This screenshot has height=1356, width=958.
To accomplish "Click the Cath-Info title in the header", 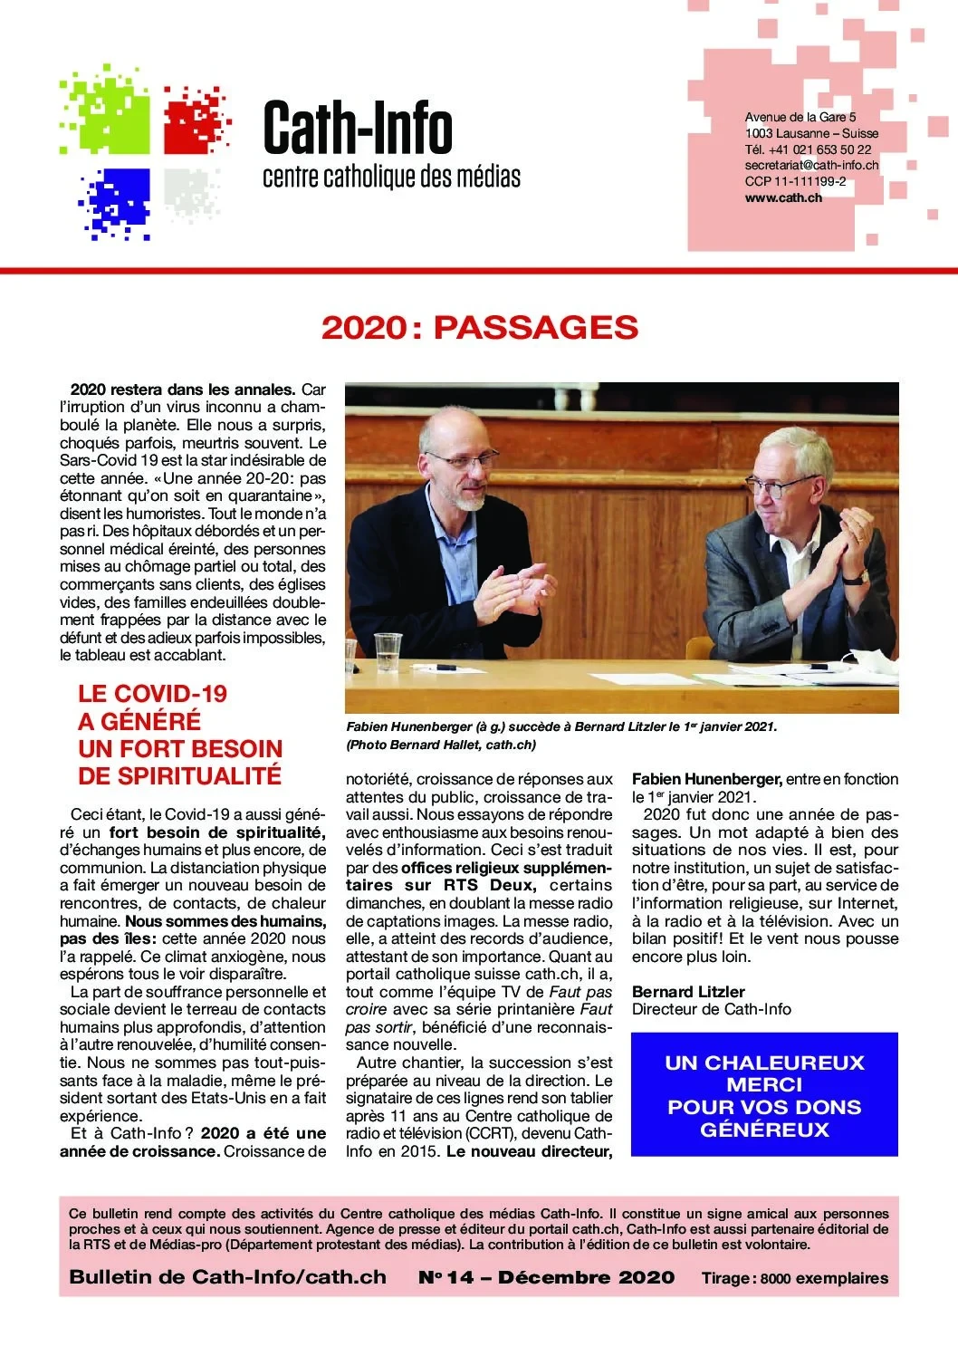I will [x=357, y=130].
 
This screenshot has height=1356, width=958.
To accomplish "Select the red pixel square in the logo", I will [x=194, y=120].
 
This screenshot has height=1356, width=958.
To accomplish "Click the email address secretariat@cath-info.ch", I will [x=811, y=165].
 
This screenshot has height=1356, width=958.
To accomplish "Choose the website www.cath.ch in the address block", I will [x=783, y=197].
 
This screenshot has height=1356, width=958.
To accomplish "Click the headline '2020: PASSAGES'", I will [x=479, y=328].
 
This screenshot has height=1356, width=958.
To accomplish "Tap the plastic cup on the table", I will [x=388, y=647].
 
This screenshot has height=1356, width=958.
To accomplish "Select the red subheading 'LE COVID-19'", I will [x=152, y=694].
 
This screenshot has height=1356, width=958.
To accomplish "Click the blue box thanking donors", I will [x=763, y=1094].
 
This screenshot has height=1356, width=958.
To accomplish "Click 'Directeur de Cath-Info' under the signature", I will [x=711, y=1009].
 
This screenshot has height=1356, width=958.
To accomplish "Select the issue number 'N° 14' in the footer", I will [x=445, y=1277].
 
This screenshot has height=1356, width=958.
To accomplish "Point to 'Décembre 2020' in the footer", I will [x=586, y=1277].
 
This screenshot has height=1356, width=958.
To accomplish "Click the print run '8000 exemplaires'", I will [x=823, y=1279].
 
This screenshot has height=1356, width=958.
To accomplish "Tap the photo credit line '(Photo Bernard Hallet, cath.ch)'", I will [x=441, y=745].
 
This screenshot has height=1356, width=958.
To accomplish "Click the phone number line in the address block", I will [x=808, y=149].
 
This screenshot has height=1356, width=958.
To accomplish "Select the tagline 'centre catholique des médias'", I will [x=391, y=176].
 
